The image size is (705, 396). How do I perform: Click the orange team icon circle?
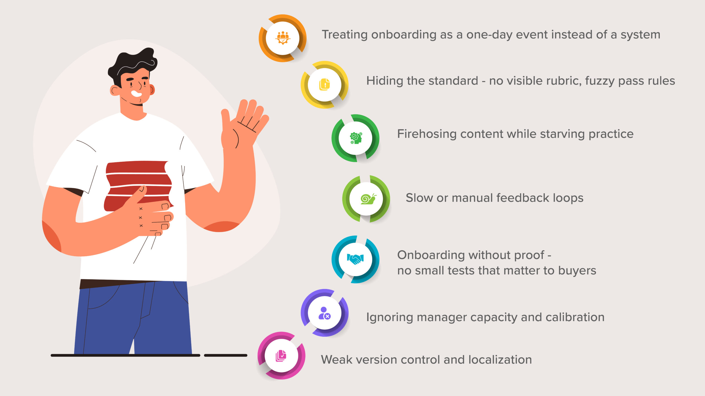283,38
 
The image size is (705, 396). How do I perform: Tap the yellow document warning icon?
325,84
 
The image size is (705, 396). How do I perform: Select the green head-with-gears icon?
356,138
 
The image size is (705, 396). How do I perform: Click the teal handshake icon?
355,259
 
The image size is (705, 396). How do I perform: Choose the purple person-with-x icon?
324,313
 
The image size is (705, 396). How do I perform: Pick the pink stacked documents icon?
281,356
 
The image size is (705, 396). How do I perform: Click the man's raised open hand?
244,124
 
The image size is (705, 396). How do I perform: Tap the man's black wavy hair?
133,66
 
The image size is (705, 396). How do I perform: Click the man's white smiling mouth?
136,94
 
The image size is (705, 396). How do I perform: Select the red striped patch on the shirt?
139,186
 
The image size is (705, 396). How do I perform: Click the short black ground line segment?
226,355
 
